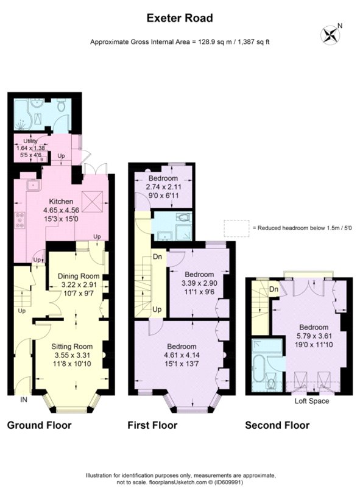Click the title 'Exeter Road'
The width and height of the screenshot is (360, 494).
pos(180,18)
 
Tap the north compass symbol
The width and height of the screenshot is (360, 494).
pos(331,33)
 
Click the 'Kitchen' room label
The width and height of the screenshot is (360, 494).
pos(61,202)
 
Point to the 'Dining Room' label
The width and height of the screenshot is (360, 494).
pos(78,276)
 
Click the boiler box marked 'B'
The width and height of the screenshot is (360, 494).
pos(41,160)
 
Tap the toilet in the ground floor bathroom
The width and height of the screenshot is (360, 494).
pos(62,106)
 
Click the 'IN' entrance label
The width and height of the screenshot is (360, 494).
pos(24,400)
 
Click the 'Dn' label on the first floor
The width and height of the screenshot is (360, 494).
pos(157,256)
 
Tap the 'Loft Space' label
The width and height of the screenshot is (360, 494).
pos(312,401)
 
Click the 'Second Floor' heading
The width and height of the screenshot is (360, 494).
pos(277,425)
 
